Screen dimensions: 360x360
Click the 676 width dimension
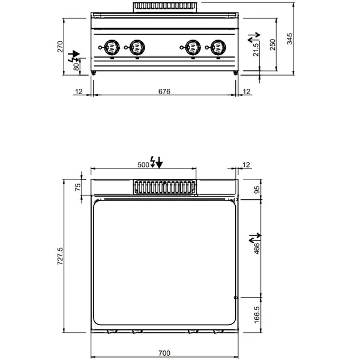tap(164, 91)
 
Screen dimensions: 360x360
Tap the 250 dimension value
tap(273, 45)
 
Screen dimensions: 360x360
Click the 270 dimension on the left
tap(60, 47)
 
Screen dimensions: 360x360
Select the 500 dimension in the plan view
tap(143, 164)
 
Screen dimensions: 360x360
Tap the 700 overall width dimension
tap(164, 352)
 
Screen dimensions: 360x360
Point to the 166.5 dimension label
tap(256, 314)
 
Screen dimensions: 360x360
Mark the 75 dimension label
tap(77, 187)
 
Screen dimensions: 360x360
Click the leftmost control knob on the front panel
tap(111, 46)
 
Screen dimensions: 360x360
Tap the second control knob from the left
tap(137, 46)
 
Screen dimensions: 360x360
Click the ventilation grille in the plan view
tap(164, 187)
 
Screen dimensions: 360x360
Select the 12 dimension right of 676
tap(247, 91)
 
